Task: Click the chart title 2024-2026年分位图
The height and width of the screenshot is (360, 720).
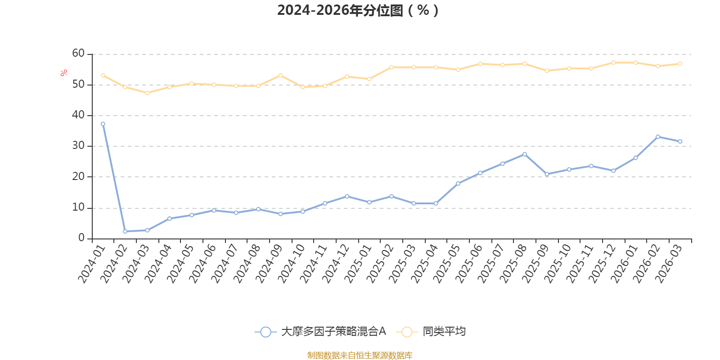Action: (x=358, y=10)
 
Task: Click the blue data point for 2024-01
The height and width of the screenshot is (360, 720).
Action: (x=103, y=124)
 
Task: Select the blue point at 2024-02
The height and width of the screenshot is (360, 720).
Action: (x=125, y=231)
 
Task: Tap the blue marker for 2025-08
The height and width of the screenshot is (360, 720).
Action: (x=525, y=154)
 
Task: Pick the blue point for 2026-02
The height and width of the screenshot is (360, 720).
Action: (x=658, y=137)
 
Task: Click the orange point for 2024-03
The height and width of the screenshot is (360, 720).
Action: (x=147, y=93)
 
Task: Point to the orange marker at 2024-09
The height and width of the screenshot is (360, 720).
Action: (x=280, y=75)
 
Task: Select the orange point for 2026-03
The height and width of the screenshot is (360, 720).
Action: (x=680, y=64)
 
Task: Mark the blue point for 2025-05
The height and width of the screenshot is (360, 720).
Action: (x=458, y=184)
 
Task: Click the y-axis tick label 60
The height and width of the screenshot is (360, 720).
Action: (x=78, y=54)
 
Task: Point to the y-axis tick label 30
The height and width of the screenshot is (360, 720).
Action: (x=78, y=146)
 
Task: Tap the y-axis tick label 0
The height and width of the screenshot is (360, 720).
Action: (x=81, y=238)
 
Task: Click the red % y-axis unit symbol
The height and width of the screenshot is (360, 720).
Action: (x=64, y=72)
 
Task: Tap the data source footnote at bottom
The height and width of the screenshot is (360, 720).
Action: (x=360, y=355)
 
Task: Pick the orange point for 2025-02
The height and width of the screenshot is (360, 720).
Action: (x=391, y=67)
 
